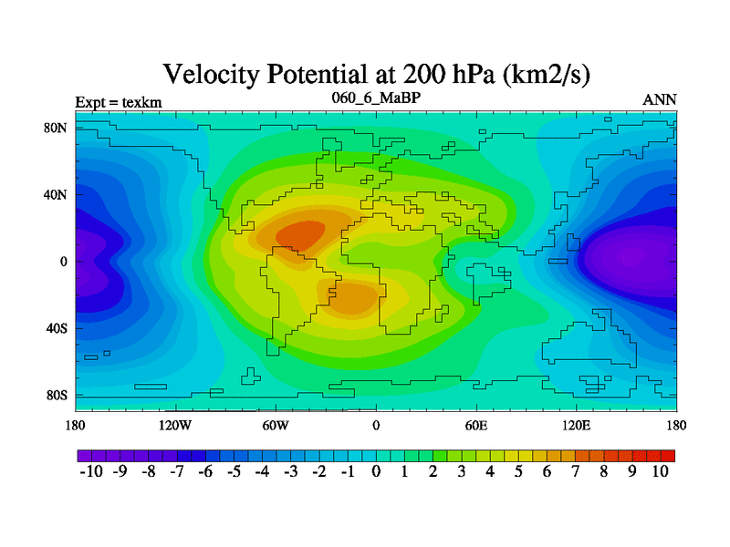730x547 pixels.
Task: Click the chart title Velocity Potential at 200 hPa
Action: point(376,74)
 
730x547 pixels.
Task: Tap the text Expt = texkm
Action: point(119,101)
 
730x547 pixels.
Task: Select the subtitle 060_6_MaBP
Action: point(376,97)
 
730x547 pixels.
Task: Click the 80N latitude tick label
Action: point(57,128)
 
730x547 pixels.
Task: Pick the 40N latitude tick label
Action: point(57,194)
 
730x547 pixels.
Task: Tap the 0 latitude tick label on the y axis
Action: point(64,262)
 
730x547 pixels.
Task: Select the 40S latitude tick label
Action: point(57,328)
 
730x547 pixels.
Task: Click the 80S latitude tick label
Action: point(57,396)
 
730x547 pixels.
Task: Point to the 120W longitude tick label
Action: point(175,425)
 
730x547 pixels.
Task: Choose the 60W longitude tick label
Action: point(276,425)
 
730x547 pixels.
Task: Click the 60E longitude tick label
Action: point(476,425)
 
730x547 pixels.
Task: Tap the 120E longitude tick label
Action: point(577,425)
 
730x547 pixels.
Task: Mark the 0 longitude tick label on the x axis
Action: point(376,425)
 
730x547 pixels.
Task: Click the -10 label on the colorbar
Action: point(89,471)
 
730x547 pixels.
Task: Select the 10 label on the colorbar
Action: point(661,471)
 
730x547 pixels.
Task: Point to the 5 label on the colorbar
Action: point(518,471)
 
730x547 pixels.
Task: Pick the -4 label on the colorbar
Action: point(261,471)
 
